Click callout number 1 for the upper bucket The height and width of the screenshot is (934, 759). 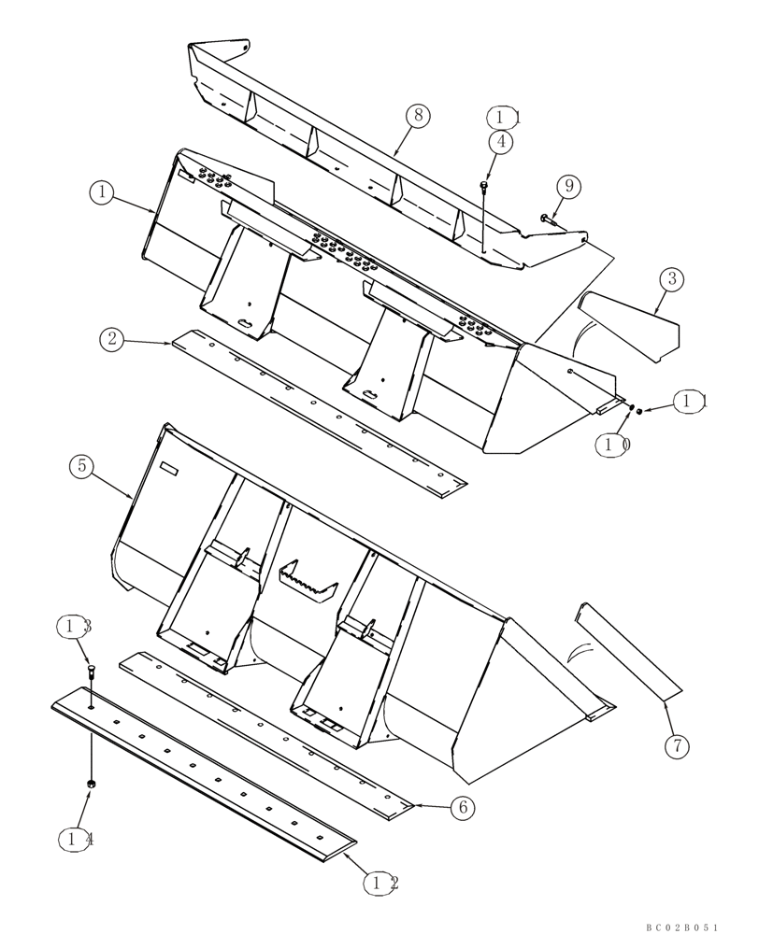[102, 192]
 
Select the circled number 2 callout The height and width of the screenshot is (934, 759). [112, 339]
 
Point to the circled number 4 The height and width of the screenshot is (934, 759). [501, 142]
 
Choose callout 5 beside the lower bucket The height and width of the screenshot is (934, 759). [81, 465]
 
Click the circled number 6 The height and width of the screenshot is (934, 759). [461, 807]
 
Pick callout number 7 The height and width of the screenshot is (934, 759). [677, 745]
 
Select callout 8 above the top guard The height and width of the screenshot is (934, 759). [418, 115]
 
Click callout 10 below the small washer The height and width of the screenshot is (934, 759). [613, 446]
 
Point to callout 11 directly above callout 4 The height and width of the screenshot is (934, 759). [504, 117]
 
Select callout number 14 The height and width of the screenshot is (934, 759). [79, 839]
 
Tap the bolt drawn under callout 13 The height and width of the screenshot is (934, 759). [90, 670]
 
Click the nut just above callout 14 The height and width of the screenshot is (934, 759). [91, 783]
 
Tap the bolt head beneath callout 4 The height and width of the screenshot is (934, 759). [483, 189]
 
